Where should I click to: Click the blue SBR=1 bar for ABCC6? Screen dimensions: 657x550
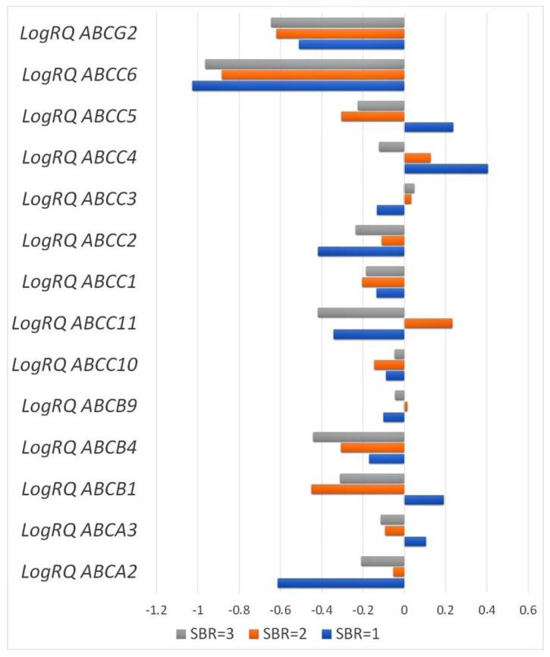click(298, 86)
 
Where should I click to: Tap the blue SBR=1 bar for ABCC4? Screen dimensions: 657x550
click(446, 168)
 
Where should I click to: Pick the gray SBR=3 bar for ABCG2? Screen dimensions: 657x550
click(338, 23)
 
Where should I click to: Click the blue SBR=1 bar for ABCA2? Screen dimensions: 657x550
click(341, 583)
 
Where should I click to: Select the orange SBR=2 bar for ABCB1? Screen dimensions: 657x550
click(357, 489)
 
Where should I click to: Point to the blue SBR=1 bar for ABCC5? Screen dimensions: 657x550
click(429, 127)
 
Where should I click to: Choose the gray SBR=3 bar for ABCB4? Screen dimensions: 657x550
click(359, 437)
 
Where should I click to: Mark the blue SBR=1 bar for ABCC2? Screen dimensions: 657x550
click(361, 251)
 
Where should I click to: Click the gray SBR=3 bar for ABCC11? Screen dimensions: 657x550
click(361, 313)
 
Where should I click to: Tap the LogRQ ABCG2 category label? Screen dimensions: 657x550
click(89, 33)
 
